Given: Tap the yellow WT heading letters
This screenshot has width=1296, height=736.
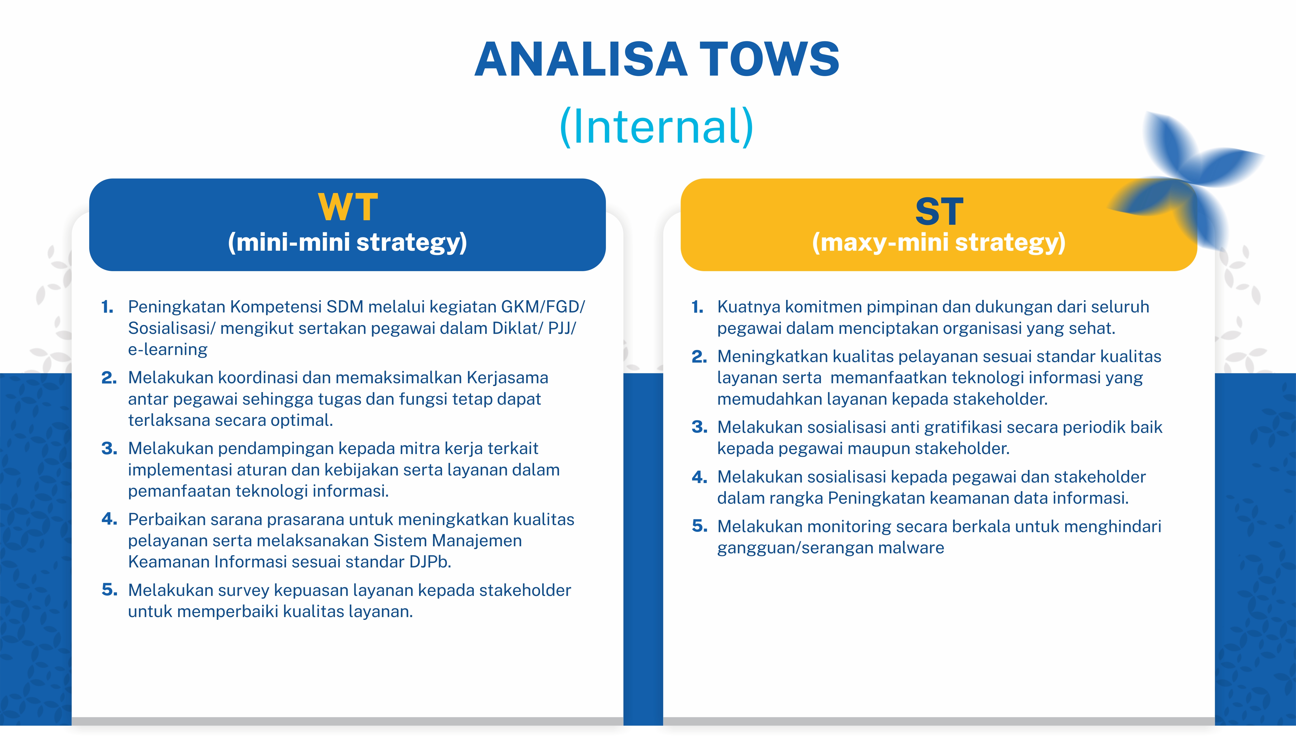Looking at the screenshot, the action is coord(348,207).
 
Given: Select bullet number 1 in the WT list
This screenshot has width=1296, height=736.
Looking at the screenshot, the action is coord(107,307).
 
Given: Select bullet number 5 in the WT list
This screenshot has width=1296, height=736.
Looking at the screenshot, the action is coord(109,590).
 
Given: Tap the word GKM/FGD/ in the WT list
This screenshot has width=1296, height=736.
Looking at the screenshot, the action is coord(543,307).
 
